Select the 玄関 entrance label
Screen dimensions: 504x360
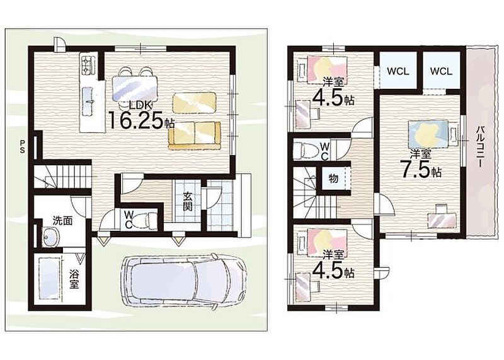[x=188, y=201]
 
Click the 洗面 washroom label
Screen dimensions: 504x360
[x=62, y=221]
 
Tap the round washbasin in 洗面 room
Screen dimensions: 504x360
[x=50, y=238]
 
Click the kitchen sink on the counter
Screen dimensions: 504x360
[x=88, y=102]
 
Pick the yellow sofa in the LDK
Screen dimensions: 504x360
[x=194, y=136]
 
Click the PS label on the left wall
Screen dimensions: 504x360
[x=22, y=146]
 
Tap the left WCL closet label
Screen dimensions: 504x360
[x=398, y=71]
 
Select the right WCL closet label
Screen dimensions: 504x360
[x=441, y=71]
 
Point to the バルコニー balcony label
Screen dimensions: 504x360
[x=481, y=147]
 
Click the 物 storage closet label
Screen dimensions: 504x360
[x=334, y=178]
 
